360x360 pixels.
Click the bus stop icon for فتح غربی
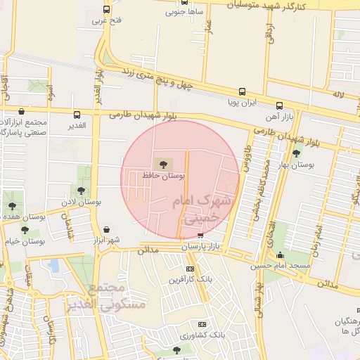pyautogui.click(x=106, y=10)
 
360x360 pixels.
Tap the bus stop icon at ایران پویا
pyautogui.click(x=242, y=91)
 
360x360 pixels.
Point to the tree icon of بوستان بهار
pyautogui.click(x=296, y=153)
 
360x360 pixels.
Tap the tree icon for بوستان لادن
pyautogui.click(x=82, y=190)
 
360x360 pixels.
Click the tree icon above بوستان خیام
pyautogui.click(x=25, y=230)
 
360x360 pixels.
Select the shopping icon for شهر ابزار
pyautogui.click(x=106, y=229)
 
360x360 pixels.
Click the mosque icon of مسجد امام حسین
pyautogui.click(x=281, y=255)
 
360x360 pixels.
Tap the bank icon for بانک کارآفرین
pyautogui.click(x=190, y=269)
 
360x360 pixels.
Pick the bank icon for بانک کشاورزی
pyautogui.click(x=202, y=324)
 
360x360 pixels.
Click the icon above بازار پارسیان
pyautogui.click(x=201, y=236)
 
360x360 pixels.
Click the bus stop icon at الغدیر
pyautogui.click(x=77, y=114)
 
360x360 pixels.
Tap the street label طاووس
pyautogui.click(x=247, y=157)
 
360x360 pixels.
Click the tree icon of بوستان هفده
pyautogui.click(x=12, y=206)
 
